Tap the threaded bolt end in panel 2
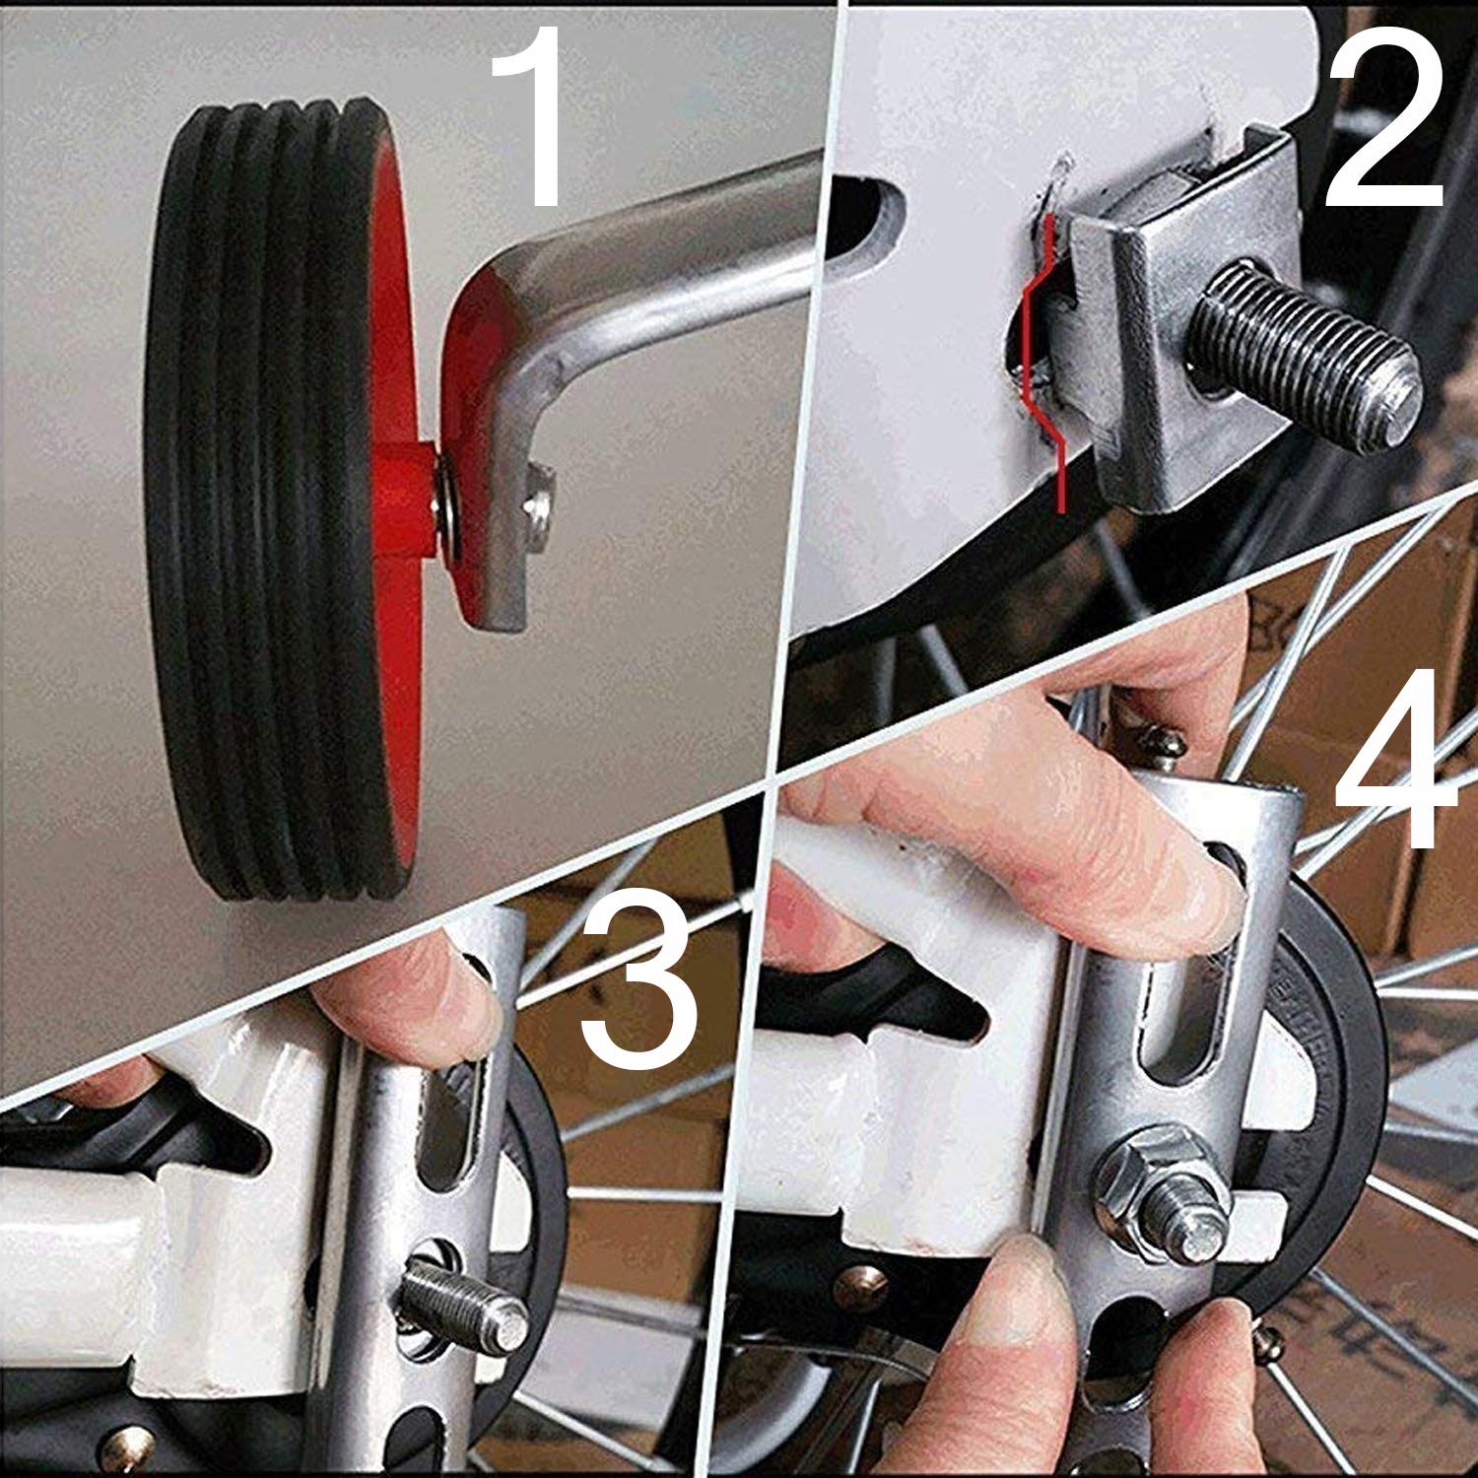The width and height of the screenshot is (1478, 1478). [1310, 360]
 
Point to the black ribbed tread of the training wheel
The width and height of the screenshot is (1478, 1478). [256, 493]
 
